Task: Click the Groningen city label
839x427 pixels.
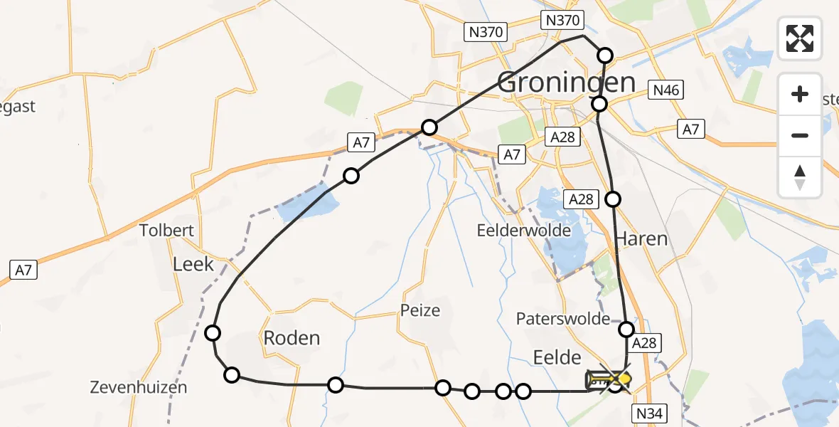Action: click(x=566, y=83)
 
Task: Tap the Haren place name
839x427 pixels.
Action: click(x=641, y=238)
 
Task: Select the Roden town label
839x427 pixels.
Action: click(x=292, y=338)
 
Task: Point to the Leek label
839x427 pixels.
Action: click(x=193, y=264)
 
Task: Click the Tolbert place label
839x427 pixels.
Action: click(x=167, y=231)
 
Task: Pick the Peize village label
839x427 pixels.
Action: click(x=419, y=310)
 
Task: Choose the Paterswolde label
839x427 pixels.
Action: click(x=564, y=318)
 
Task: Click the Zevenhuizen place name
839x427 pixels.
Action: click(x=139, y=388)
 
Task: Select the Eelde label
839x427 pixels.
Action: click(x=558, y=357)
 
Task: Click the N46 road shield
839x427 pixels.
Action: click(x=666, y=90)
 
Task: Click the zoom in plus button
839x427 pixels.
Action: click(x=800, y=94)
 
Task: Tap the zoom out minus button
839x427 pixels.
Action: click(x=800, y=135)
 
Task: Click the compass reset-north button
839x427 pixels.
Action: click(x=800, y=176)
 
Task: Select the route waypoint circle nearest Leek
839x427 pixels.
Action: click(x=212, y=332)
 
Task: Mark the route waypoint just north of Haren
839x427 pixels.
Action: click(x=612, y=199)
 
